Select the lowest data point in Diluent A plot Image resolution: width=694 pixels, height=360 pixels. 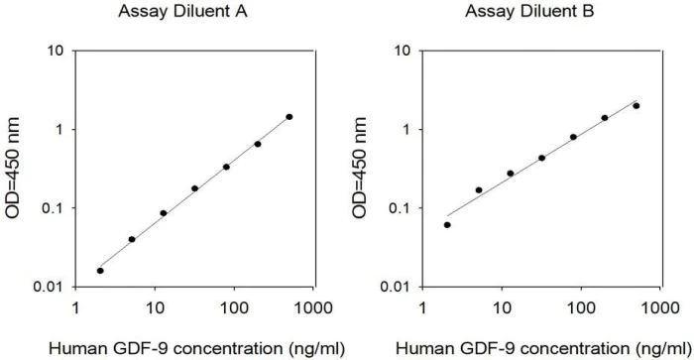click(x=100, y=270)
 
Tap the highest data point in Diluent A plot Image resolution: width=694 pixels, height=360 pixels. click(x=289, y=117)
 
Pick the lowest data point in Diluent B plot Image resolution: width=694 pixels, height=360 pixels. click(x=447, y=225)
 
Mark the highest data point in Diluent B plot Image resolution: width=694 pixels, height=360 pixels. click(x=636, y=106)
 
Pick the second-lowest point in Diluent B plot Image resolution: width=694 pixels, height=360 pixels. click(x=479, y=189)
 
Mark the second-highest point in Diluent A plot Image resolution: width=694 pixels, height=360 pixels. click(x=258, y=144)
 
